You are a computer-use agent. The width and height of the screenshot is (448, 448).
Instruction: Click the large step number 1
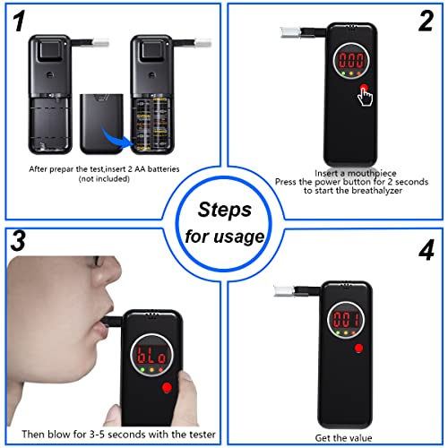coord(20,21)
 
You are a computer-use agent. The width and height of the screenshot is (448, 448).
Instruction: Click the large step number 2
coord(426,21)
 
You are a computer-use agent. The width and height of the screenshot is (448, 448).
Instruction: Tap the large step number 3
coord(18,240)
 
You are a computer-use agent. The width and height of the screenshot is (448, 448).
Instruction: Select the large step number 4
coord(426,250)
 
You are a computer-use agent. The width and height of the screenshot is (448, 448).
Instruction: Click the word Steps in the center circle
coord(225,210)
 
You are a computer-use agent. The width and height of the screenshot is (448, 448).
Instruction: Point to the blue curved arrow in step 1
coord(117,138)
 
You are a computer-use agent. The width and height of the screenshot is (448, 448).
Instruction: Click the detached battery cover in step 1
coord(101,124)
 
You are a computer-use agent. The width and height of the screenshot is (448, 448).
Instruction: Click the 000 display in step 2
coord(351,61)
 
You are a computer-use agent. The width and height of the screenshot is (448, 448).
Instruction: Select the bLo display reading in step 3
coord(151,356)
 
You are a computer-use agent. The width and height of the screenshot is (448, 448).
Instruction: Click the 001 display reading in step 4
coord(347,319)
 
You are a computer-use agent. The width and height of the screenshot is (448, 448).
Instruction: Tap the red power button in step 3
coord(167,388)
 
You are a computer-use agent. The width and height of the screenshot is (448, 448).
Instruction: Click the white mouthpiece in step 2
coord(290,32)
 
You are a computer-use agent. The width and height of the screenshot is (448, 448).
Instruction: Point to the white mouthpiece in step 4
coord(284,291)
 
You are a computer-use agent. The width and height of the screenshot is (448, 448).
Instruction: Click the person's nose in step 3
coord(109,276)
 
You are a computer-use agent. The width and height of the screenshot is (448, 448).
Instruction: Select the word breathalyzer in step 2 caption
coord(377,190)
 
